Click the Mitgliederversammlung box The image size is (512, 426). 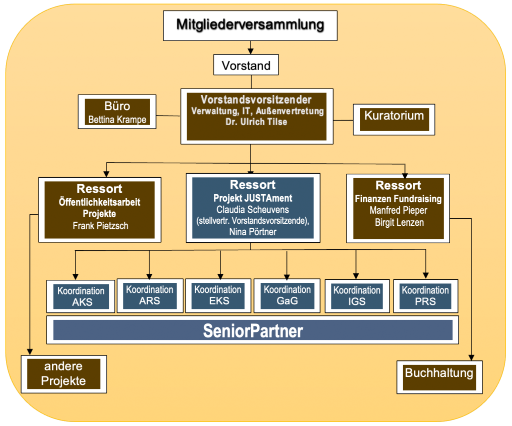click(250, 25)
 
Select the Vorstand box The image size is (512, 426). click(246, 65)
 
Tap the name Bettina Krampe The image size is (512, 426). click(117, 120)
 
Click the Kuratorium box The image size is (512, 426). click(393, 116)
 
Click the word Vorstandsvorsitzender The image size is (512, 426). click(256, 99)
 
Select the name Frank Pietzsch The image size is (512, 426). click(100, 226)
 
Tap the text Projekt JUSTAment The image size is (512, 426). click(253, 198)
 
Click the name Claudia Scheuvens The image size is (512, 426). click(252, 209)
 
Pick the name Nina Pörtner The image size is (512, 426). click(252, 231)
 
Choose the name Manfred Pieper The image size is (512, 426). click(398, 210)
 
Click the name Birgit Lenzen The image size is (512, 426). click(398, 222)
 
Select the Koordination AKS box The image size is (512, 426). click(81, 297)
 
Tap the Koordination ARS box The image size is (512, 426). click(150, 295)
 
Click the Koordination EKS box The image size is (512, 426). click(218, 295)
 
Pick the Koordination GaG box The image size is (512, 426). click(287, 295)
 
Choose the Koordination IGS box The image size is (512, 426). click(356, 296)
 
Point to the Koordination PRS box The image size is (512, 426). click(425, 296)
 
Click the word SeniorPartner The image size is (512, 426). click(252, 331)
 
